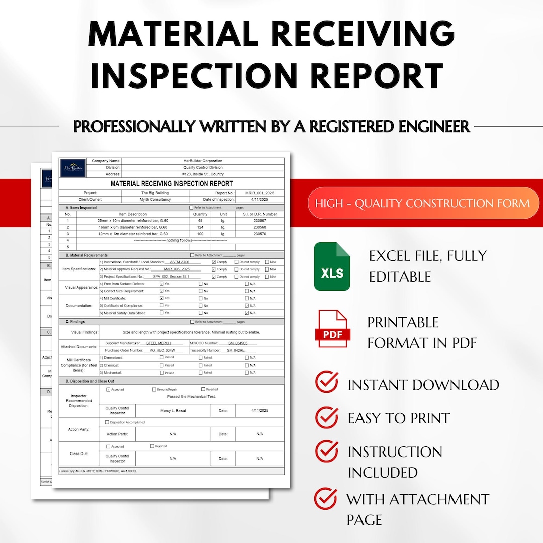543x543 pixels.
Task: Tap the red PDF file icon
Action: tap(331, 329)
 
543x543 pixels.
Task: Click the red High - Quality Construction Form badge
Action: tap(423, 203)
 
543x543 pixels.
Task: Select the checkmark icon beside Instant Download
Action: tap(326, 383)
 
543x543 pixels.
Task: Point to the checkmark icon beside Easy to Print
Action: tap(326, 417)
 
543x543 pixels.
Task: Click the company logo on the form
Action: tap(72, 167)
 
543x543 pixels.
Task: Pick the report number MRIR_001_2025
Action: tap(260, 193)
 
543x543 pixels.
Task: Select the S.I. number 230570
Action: tap(260, 234)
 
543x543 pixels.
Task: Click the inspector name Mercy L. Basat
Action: tap(173, 411)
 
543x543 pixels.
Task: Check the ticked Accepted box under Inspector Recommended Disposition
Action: tap(108, 389)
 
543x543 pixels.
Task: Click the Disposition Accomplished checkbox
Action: tap(107, 422)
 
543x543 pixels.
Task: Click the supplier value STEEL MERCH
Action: tap(159, 343)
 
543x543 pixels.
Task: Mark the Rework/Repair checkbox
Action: tap(154, 389)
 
